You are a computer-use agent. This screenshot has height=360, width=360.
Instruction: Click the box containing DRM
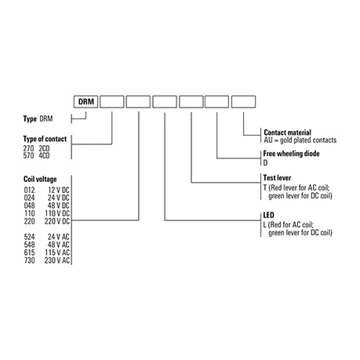pyautogui.click(x=85, y=101)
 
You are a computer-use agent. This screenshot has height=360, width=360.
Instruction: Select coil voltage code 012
pyautogui.click(x=29, y=190)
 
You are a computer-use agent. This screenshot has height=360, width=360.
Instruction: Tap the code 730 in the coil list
pyautogui.click(x=29, y=260)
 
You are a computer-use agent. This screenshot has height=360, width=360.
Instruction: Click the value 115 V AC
pyautogui.click(x=57, y=253)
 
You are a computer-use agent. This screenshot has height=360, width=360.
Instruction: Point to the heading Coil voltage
pyautogui.click(x=40, y=179)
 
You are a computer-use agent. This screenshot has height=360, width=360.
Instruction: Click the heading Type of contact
pyautogui.click(x=45, y=139)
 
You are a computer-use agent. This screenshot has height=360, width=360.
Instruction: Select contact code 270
pyautogui.click(x=28, y=148)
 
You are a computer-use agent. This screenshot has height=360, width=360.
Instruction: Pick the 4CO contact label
pyautogui.click(x=44, y=155)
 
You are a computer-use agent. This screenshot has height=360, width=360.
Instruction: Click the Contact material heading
pyautogui.click(x=287, y=133)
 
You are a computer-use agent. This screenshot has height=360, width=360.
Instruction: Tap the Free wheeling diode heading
pyautogui.click(x=291, y=154)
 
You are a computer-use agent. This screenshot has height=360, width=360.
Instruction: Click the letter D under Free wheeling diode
pyautogui.click(x=265, y=162)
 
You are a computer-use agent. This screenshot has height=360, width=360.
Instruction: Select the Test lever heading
pyautogui.click(x=277, y=178)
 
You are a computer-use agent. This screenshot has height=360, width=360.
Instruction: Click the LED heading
pyautogui.click(x=268, y=215)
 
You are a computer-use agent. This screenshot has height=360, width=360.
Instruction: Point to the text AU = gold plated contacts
pyautogui.click(x=300, y=140)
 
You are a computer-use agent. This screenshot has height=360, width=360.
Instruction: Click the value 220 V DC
pyautogui.click(x=57, y=221)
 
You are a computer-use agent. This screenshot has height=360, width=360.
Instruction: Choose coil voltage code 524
pyautogui.click(x=29, y=237)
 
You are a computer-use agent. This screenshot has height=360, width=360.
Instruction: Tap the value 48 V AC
pyautogui.click(x=59, y=245)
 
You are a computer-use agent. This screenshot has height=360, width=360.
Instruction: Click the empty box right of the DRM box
pyautogui.click(x=112, y=101)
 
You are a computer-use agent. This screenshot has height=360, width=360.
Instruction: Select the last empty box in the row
pyautogui.click(x=243, y=101)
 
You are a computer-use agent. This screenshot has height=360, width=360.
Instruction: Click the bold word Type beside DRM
pyautogui.click(x=30, y=119)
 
